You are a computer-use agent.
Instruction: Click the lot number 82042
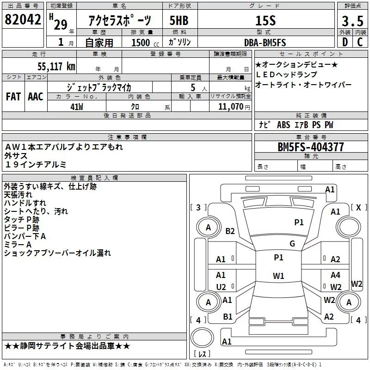coord(23,20)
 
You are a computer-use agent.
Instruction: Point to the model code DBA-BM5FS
coord(265,43)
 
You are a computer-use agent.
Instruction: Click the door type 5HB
coord(179,21)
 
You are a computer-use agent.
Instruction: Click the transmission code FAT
coord(13,96)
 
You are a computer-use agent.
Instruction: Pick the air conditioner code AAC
coord(35,96)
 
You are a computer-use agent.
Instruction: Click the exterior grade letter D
coord(345,43)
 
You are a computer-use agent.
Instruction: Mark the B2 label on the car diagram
coord(230,231)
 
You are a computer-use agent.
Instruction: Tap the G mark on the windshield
coord(292,244)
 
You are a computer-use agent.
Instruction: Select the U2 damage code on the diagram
coord(221,287)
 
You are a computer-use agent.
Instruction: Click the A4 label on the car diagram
coord(335,275)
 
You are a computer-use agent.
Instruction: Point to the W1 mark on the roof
coord(278,276)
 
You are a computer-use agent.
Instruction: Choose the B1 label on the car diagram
coord(228,317)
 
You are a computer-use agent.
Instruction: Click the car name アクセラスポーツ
coord(119,21)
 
